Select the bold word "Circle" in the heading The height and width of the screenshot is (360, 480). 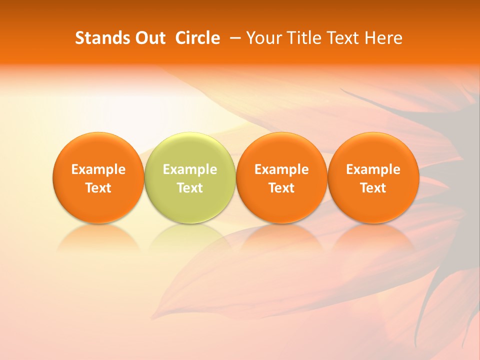click(197, 38)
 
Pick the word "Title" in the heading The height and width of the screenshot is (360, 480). click(301, 38)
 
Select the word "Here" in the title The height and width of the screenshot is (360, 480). click(382, 38)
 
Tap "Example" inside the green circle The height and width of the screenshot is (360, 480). click(190, 169)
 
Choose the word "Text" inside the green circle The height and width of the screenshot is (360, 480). click(190, 188)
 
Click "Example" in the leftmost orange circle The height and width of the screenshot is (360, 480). click(98, 169)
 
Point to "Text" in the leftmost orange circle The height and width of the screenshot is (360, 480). click(98, 188)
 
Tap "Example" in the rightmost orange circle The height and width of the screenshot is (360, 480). click(373, 169)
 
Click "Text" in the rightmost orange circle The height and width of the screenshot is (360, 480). click(373, 188)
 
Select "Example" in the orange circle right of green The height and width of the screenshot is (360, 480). click(281, 169)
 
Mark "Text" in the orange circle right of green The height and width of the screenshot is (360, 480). click(281, 188)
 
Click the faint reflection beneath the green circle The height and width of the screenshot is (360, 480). click(190, 237)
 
